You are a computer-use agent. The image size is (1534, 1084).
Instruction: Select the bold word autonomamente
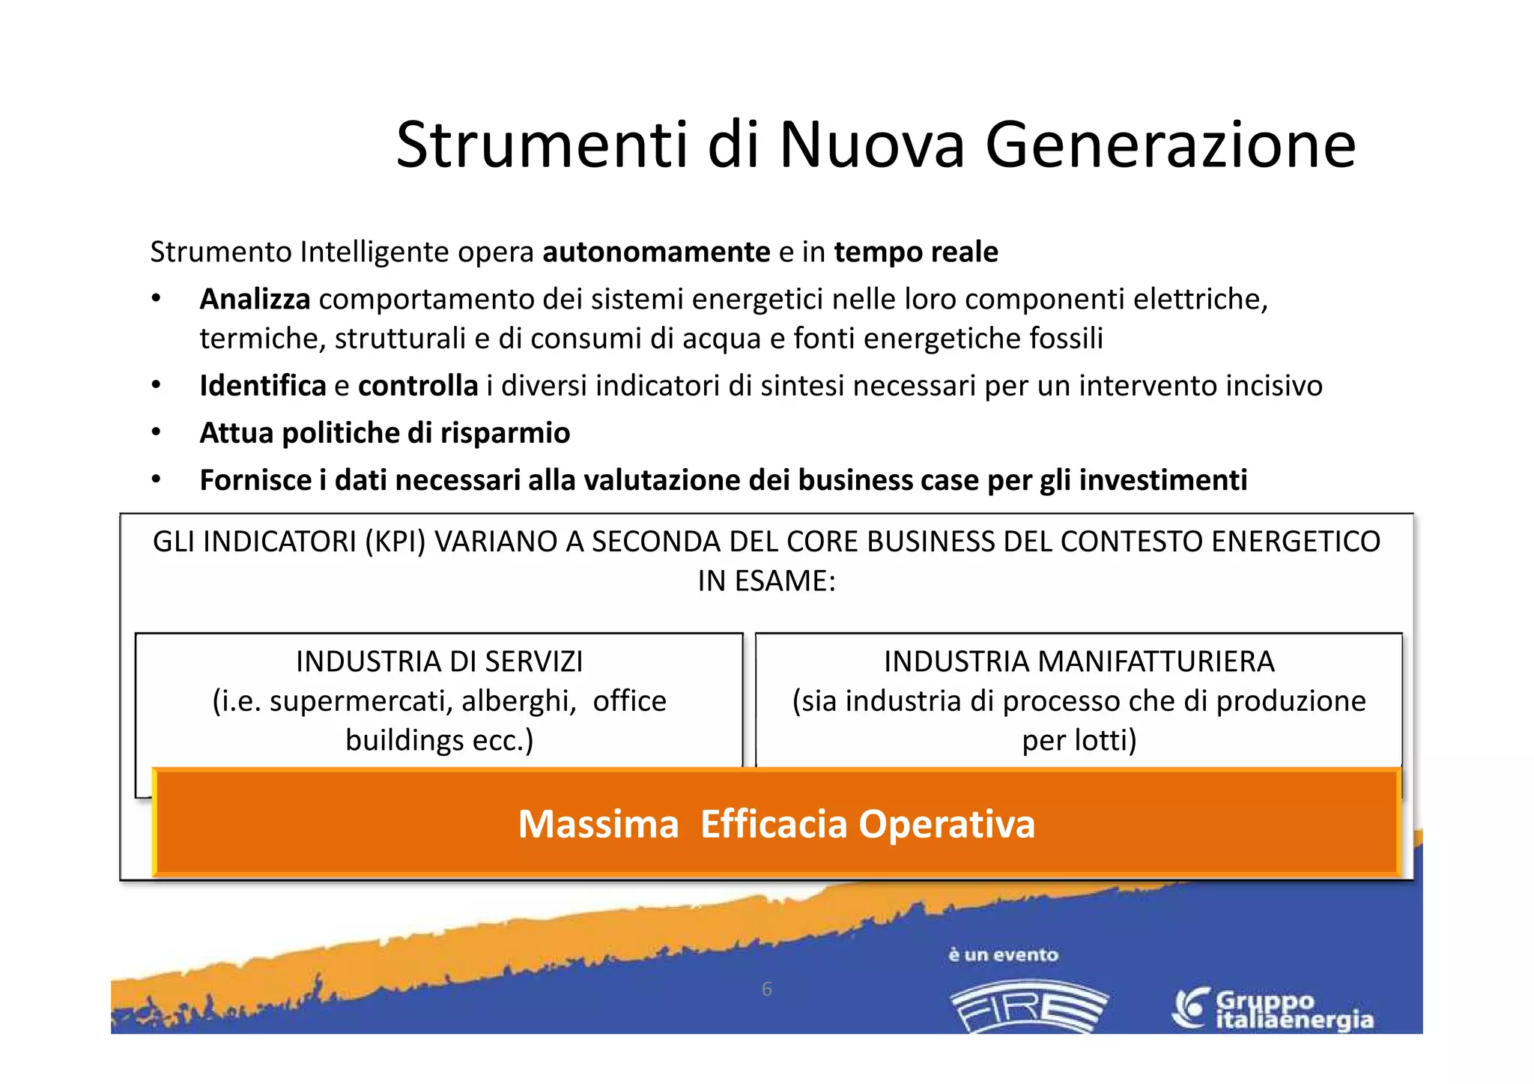tap(656, 252)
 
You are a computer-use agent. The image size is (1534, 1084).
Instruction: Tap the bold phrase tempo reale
tap(916, 252)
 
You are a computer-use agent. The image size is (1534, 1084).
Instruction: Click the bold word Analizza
tap(255, 300)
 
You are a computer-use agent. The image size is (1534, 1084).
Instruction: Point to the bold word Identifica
tap(263, 386)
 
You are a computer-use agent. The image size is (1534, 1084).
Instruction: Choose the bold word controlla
tap(418, 386)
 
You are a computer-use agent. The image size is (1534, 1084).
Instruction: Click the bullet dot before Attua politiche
tap(156, 432)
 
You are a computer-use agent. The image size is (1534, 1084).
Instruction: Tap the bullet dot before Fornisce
tap(156, 479)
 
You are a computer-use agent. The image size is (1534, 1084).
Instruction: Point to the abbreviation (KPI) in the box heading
tap(395, 542)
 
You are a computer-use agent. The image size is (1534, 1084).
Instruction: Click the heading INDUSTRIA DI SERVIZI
tap(439, 661)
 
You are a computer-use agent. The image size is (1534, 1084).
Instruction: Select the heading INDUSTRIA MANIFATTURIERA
tap(1079, 661)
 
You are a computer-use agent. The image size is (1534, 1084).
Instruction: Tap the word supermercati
tap(361, 701)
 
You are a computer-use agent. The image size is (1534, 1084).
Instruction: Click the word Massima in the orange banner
tap(598, 824)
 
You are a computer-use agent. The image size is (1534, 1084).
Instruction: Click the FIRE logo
tap(1028, 1008)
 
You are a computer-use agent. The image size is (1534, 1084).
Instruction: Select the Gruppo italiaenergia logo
tap(1273, 1009)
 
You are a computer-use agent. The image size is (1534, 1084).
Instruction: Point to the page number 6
tap(766, 990)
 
